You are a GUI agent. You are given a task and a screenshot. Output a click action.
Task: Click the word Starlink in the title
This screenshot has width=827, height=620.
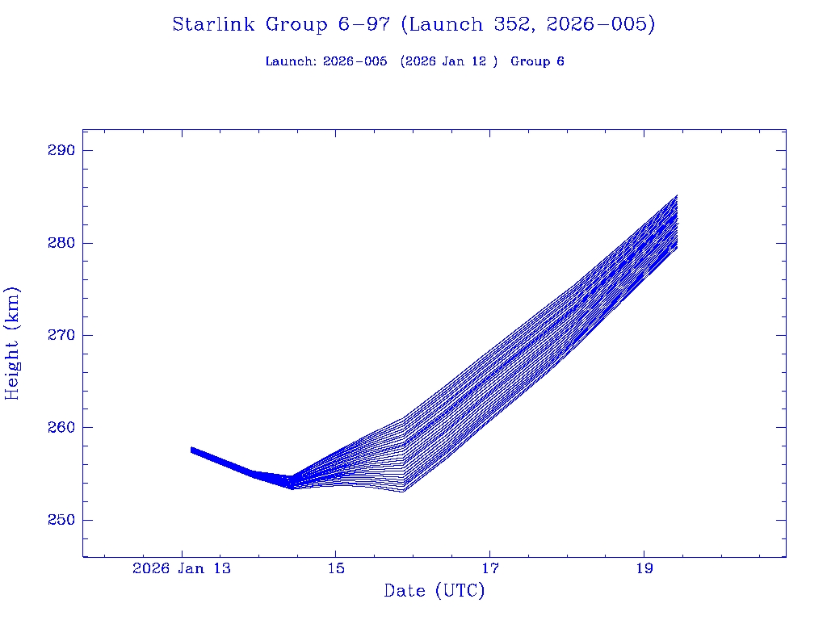[x=213, y=24]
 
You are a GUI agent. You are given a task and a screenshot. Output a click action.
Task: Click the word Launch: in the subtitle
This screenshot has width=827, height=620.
[x=291, y=61]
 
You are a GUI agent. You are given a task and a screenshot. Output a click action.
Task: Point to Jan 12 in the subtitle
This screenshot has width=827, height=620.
[x=470, y=61]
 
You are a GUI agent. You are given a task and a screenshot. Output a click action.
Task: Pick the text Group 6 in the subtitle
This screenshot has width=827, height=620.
[x=537, y=61]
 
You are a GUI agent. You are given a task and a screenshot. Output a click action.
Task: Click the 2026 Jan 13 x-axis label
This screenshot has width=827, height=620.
[x=182, y=568]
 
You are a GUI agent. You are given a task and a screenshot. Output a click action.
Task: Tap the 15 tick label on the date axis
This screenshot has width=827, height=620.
[x=336, y=568]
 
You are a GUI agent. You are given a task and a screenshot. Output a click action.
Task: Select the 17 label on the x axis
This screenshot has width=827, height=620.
[x=489, y=568]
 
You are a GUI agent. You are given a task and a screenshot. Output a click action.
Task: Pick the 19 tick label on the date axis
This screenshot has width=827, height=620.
[x=644, y=568]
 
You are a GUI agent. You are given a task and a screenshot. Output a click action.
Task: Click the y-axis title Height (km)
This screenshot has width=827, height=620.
[x=12, y=343]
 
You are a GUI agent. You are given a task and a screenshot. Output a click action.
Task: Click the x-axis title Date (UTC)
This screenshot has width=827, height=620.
[x=434, y=591]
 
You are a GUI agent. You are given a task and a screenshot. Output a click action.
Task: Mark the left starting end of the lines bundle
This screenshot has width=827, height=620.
[x=191, y=450]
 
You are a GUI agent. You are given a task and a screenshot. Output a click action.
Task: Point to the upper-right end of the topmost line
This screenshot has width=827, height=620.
[x=677, y=195]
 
